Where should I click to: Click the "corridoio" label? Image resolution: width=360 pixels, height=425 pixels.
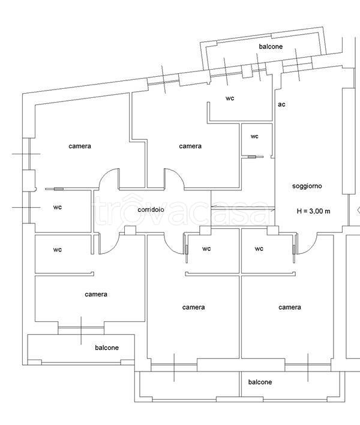151,209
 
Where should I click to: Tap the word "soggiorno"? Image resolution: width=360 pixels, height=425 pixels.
307,186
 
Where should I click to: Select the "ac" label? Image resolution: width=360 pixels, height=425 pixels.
281,104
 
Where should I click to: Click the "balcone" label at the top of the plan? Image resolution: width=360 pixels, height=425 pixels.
271,46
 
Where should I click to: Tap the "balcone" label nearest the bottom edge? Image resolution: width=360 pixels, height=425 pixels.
260,382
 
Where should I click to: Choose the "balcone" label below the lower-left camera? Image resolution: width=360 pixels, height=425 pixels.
107,348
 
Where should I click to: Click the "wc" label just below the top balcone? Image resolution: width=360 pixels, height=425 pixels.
229,98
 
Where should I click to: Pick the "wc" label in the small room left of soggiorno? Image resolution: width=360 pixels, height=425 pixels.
254,136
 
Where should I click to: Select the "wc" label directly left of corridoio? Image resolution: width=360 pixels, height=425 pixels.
58,207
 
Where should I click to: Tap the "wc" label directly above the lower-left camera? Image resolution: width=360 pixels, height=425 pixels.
58,249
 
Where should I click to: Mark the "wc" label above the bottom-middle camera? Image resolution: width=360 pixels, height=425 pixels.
206,249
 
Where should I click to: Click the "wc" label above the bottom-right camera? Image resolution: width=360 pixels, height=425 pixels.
259,249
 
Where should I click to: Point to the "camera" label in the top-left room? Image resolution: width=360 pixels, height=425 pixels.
80,146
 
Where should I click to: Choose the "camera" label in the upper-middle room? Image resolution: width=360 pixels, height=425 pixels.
190,146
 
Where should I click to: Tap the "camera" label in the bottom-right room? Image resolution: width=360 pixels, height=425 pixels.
289,307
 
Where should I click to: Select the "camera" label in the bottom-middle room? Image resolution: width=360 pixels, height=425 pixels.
193,307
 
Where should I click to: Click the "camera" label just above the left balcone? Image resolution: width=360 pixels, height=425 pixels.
96,294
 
